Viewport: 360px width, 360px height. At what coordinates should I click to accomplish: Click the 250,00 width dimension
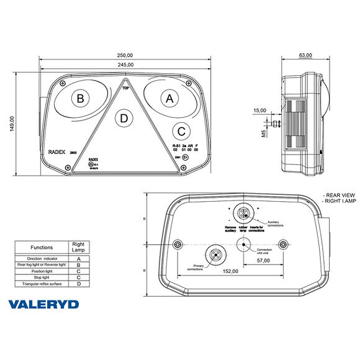[x=126, y=54]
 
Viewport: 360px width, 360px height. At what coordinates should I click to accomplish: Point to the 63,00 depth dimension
[x=305, y=55]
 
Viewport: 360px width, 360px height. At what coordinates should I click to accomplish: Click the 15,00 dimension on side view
[x=259, y=110]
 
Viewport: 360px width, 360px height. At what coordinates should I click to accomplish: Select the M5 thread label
[x=264, y=133]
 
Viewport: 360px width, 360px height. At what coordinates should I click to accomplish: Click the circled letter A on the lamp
[x=168, y=97]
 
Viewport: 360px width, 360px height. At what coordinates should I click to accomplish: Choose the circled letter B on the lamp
[x=79, y=98]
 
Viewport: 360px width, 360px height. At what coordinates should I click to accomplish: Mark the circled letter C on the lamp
[x=181, y=131]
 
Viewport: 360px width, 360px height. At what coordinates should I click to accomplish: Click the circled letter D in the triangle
[x=125, y=118]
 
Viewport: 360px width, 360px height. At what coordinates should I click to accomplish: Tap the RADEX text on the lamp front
[x=57, y=151]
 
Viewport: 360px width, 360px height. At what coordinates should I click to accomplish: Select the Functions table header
[x=42, y=247]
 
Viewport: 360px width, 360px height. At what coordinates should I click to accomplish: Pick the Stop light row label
[x=42, y=277]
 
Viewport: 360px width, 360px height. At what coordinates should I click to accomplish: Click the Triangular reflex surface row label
[x=42, y=283]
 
